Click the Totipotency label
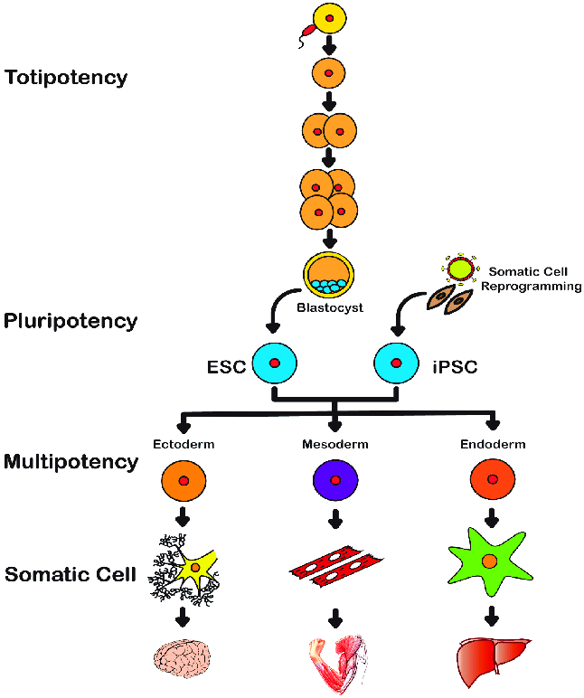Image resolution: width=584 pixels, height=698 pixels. coord(66,78)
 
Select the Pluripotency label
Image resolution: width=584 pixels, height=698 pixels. coord(71,321)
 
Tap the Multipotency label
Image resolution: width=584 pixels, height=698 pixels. coord(71,462)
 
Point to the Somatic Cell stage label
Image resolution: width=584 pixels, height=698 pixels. coord(71,574)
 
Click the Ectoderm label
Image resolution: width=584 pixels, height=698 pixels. coord(183,445)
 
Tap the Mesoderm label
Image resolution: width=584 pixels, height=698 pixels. coord(334,445)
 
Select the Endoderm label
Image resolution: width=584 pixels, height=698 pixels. coord(492,445)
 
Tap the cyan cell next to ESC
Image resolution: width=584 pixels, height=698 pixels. coord(274,363)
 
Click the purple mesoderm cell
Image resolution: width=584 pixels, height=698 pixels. coord(335,480)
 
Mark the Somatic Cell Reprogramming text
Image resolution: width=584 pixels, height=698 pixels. coord(532,278)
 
